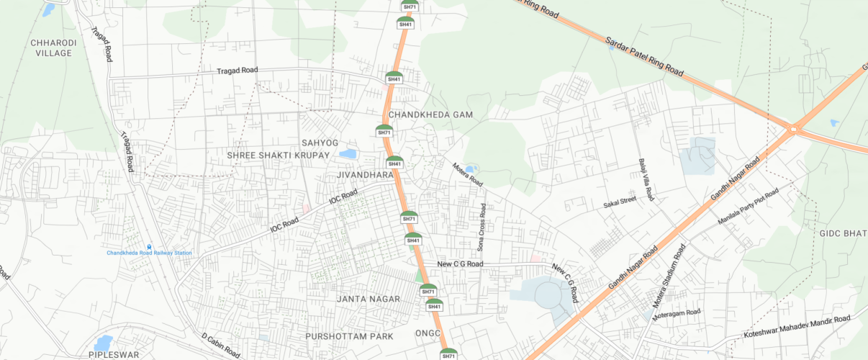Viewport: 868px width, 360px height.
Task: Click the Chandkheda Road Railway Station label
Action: tap(150, 253)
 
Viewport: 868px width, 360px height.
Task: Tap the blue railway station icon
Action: tap(150, 246)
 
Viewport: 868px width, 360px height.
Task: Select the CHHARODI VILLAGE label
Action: tap(51, 48)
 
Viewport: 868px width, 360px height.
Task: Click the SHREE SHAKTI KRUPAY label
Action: tap(278, 156)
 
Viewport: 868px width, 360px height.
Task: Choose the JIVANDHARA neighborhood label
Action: tap(365, 175)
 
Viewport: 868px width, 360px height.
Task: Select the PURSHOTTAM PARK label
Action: tap(349, 336)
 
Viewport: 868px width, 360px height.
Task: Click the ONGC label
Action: tap(428, 333)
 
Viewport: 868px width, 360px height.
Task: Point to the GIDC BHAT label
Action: tap(843, 233)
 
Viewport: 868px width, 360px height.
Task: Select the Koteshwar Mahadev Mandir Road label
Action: tap(797, 328)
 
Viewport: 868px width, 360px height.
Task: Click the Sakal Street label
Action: tap(620, 202)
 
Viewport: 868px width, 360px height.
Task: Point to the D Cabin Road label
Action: tap(220, 346)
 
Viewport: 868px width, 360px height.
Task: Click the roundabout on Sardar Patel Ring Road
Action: tap(794, 130)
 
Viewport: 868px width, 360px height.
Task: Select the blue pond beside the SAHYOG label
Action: tap(348, 154)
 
